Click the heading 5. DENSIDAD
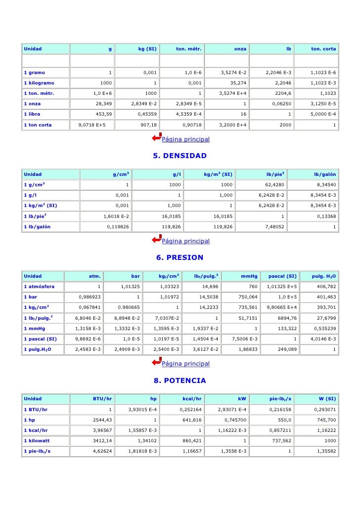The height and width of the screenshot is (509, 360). point(180,156)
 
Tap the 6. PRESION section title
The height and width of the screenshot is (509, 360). point(180,257)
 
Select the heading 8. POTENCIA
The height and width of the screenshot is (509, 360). point(180,381)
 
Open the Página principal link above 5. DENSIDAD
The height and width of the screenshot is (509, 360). point(186,139)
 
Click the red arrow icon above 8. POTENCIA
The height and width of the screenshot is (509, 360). point(156,363)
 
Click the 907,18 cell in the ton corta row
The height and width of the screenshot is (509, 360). point(149,125)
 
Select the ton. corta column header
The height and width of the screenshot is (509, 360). point(323,49)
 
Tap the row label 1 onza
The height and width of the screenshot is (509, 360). point(33,104)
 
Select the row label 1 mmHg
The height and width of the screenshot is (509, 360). point(35,328)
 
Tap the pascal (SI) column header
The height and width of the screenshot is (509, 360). point(282,276)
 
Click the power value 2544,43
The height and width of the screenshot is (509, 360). point(102,420)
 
